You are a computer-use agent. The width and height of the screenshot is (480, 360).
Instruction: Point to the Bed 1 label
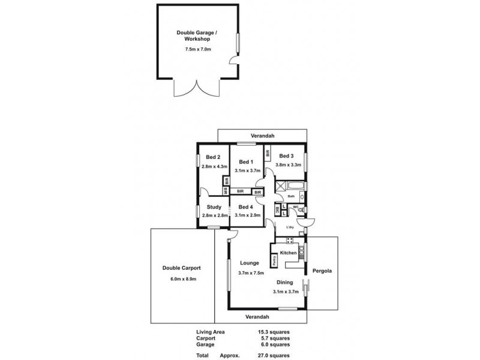(x=246, y=162)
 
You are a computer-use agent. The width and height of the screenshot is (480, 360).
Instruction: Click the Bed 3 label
(x=287, y=155)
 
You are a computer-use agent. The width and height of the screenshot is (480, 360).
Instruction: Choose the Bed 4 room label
(x=246, y=208)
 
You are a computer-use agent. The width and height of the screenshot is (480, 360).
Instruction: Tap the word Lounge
(x=248, y=262)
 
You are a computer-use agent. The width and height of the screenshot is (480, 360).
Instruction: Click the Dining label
(x=284, y=282)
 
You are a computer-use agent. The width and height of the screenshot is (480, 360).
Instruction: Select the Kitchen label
(x=289, y=253)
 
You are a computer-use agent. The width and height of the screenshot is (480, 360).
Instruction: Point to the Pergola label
(x=323, y=271)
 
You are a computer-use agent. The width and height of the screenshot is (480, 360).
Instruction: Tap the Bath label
(x=290, y=196)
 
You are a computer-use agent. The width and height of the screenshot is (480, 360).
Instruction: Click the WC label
(x=295, y=207)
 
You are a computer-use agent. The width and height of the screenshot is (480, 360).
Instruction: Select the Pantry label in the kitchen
(x=274, y=260)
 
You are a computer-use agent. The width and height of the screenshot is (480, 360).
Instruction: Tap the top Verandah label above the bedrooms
(x=262, y=136)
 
